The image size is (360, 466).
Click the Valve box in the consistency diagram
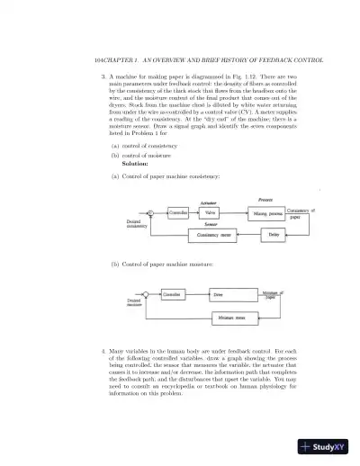point(210,213)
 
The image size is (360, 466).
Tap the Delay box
point(274,235)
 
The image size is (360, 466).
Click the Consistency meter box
point(214,235)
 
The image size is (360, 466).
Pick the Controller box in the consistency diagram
point(178,213)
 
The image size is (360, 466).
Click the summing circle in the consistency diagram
point(150,213)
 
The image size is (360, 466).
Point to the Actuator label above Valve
point(209,203)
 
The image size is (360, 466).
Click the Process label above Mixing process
point(265,198)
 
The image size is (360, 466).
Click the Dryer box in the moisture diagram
point(217,294)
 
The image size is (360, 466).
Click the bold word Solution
point(134,165)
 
